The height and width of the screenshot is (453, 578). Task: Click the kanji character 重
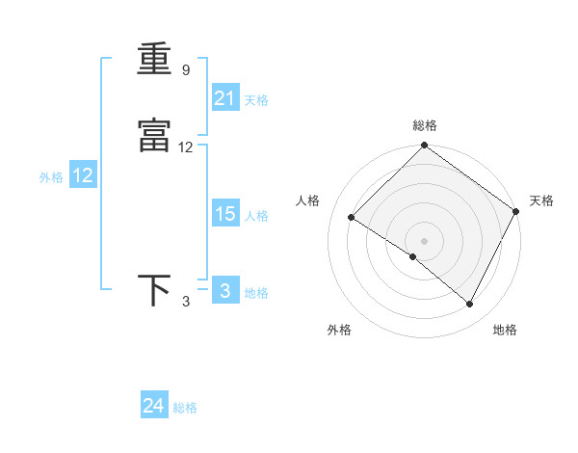pos(154,59)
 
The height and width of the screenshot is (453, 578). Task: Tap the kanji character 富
pos(154,137)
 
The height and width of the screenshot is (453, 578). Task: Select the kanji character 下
pos(154,290)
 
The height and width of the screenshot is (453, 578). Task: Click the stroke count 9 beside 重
pos(185,70)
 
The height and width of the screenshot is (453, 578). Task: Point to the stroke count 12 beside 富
pos(186,147)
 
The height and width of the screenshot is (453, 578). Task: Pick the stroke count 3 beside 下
pos(186,302)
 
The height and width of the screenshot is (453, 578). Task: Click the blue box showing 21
pos(225,97)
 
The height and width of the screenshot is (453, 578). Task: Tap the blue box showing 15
pos(225,214)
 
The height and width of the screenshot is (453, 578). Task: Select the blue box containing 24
pos(154,407)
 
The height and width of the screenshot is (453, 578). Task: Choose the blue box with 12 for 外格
pos(83,175)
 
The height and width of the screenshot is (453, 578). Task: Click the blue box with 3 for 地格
pos(225,291)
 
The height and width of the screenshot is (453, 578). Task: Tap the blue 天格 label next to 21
pos(256,100)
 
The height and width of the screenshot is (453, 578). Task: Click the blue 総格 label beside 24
pos(185,409)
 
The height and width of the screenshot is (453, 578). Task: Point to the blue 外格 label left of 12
pos(51,177)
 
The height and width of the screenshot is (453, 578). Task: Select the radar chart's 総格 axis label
pos(425,125)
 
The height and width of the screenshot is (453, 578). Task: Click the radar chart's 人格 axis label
pos(308,200)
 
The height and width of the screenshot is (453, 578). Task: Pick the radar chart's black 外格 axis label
pos(339,330)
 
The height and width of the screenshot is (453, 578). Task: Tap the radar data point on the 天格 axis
pos(517,212)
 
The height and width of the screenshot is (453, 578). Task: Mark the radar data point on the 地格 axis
pos(470,305)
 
